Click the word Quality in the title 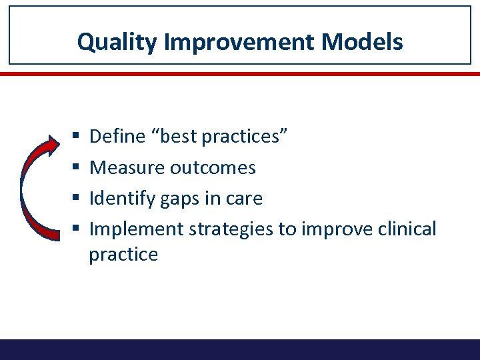(117, 42)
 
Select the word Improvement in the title (240, 42)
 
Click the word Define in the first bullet (117, 137)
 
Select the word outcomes (213, 167)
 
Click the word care (245, 198)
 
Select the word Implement (136, 229)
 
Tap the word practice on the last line (123, 255)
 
